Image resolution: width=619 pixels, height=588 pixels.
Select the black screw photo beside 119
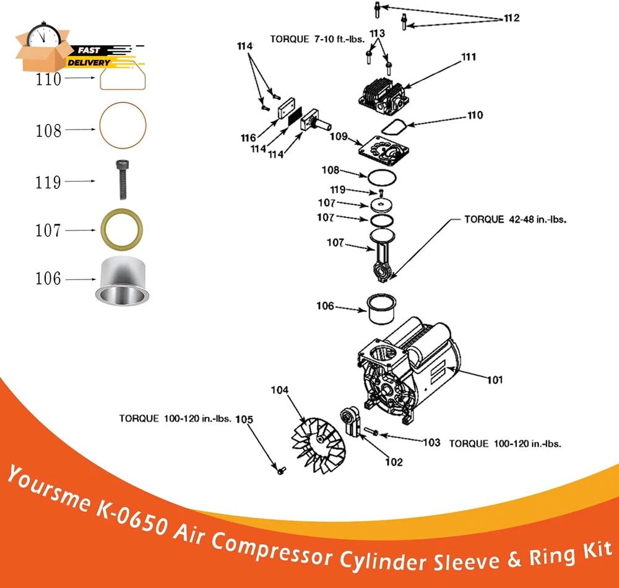(x=121, y=180)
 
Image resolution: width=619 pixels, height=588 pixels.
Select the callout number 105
(x=245, y=419)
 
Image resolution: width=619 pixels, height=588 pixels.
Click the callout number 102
(x=393, y=462)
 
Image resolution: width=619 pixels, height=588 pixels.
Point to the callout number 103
(x=431, y=442)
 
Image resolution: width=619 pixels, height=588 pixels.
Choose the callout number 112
(x=511, y=17)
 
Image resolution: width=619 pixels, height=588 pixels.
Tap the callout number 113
(x=378, y=32)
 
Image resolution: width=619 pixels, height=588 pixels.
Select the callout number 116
(x=249, y=138)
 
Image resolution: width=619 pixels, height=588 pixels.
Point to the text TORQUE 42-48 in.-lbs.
(x=516, y=219)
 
